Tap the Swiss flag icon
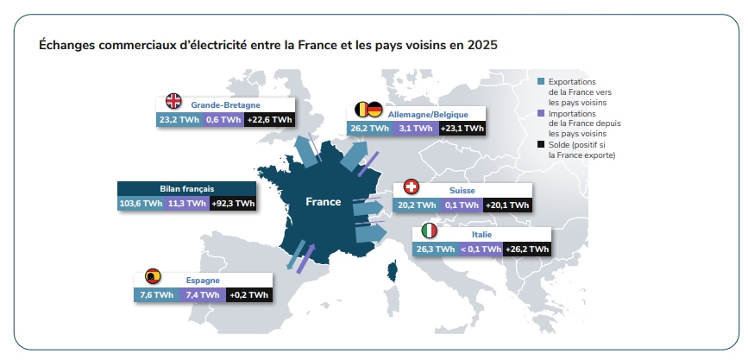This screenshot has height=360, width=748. click(412, 187)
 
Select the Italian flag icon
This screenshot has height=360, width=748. click(429, 231)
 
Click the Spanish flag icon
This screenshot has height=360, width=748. click(154, 276)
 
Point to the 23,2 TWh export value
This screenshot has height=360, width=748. click(179, 120)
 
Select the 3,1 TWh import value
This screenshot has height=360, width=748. click(416, 128)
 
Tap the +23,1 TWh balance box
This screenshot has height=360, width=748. click(462, 128)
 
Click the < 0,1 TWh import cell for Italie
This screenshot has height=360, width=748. click(481, 249)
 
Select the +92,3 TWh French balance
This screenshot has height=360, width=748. click(233, 204)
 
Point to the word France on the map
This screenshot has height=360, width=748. click(324, 202)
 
